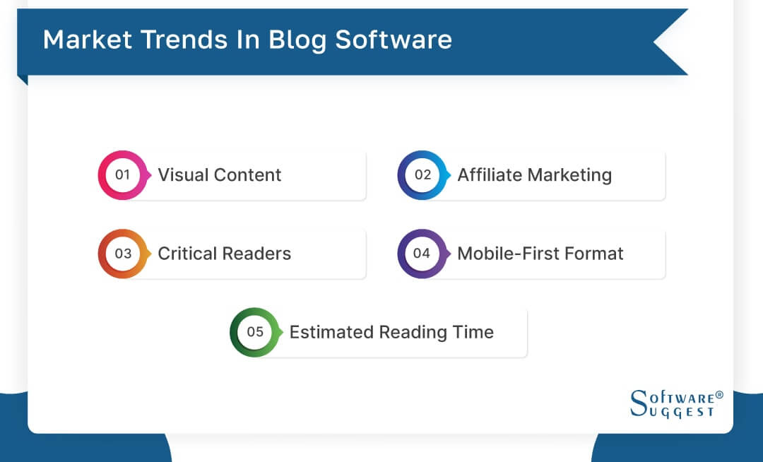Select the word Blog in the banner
(296, 40)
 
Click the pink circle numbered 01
(123, 174)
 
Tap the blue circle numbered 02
(422, 174)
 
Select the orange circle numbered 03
(123, 254)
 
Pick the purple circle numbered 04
(422, 254)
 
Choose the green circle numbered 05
(255, 332)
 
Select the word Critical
(186, 254)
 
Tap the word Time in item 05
(475, 333)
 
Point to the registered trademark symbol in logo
(719, 396)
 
